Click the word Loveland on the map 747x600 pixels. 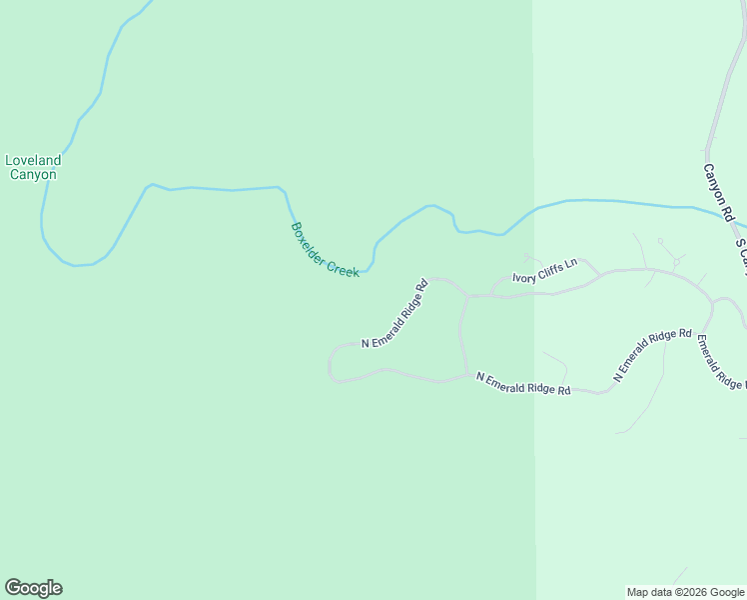point(33,160)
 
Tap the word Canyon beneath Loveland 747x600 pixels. point(33,175)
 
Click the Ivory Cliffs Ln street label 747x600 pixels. point(544,271)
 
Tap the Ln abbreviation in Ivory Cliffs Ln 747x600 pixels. point(571,263)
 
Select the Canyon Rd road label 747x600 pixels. point(718,193)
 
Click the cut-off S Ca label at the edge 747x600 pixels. point(741,255)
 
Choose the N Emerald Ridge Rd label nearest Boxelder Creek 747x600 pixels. point(394,313)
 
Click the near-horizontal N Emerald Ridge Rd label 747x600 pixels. point(523,383)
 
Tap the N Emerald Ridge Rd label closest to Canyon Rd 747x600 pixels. point(652,355)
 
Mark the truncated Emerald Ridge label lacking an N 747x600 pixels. point(719,363)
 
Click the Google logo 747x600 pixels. point(33,588)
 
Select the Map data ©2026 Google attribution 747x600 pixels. point(685,592)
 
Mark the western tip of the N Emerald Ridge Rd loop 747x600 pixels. point(330,365)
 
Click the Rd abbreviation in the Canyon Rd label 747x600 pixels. point(728,214)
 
